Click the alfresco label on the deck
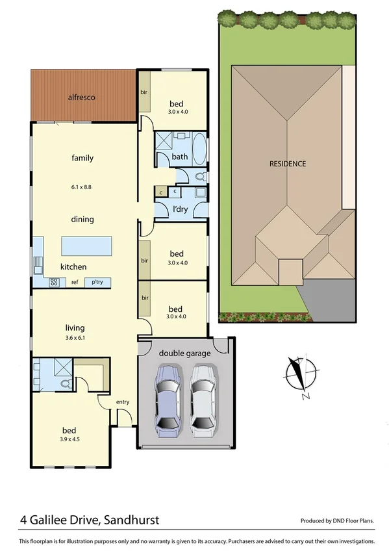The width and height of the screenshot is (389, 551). click(82, 97)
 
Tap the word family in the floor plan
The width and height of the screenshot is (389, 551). click(82, 158)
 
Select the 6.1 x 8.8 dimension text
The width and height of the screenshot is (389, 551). click(82, 187)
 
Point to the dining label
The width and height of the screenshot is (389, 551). click(82, 220)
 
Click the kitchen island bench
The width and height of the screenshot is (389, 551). click(86, 246)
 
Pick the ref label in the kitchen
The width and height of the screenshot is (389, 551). click(75, 282)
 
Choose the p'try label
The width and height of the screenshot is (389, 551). click(97, 282)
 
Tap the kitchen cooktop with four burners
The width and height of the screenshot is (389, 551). click(55, 282)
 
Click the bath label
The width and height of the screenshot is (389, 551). click(180, 157)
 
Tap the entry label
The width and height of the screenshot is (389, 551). click(123, 402)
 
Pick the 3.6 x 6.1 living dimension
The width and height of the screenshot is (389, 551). click(75, 338)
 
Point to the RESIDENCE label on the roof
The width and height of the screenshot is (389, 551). click(287, 164)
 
